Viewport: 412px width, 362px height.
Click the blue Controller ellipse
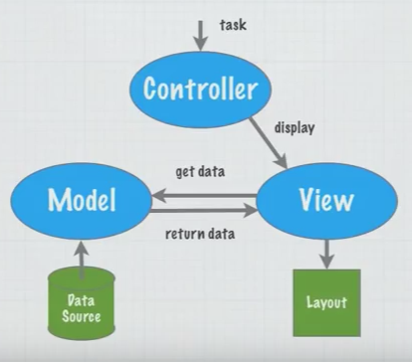tap(200, 90)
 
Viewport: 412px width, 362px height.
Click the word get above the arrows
tap(185, 172)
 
